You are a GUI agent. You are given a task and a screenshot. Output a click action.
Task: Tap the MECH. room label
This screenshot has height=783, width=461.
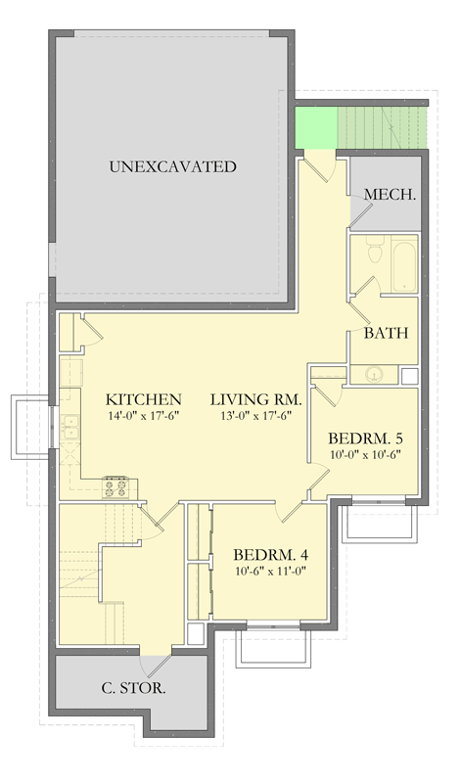pyautogui.click(x=391, y=195)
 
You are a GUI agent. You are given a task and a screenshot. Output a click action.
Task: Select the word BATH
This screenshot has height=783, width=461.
pyautogui.click(x=385, y=333)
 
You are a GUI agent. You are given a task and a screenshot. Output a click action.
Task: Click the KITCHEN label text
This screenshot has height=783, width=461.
pyautogui.click(x=144, y=399)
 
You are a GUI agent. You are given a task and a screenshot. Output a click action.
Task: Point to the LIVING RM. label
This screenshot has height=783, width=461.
pyautogui.click(x=256, y=399)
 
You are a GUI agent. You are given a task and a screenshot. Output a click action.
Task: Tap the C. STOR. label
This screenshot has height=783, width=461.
pyautogui.click(x=133, y=688)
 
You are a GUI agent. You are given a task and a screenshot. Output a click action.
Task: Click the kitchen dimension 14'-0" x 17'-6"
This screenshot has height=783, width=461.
pyautogui.click(x=144, y=416)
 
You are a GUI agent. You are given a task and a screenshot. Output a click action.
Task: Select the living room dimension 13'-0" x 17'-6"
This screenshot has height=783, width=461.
pyautogui.click(x=256, y=416)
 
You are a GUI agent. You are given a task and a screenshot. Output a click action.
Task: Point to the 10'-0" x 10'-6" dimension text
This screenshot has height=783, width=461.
pyautogui.click(x=367, y=453)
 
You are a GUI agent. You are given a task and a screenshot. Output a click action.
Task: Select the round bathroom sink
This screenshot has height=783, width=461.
pyautogui.click(x=374, y=373)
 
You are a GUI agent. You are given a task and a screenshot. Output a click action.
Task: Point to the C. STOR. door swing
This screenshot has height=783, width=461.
pyautogui.click(x=155, y=665)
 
